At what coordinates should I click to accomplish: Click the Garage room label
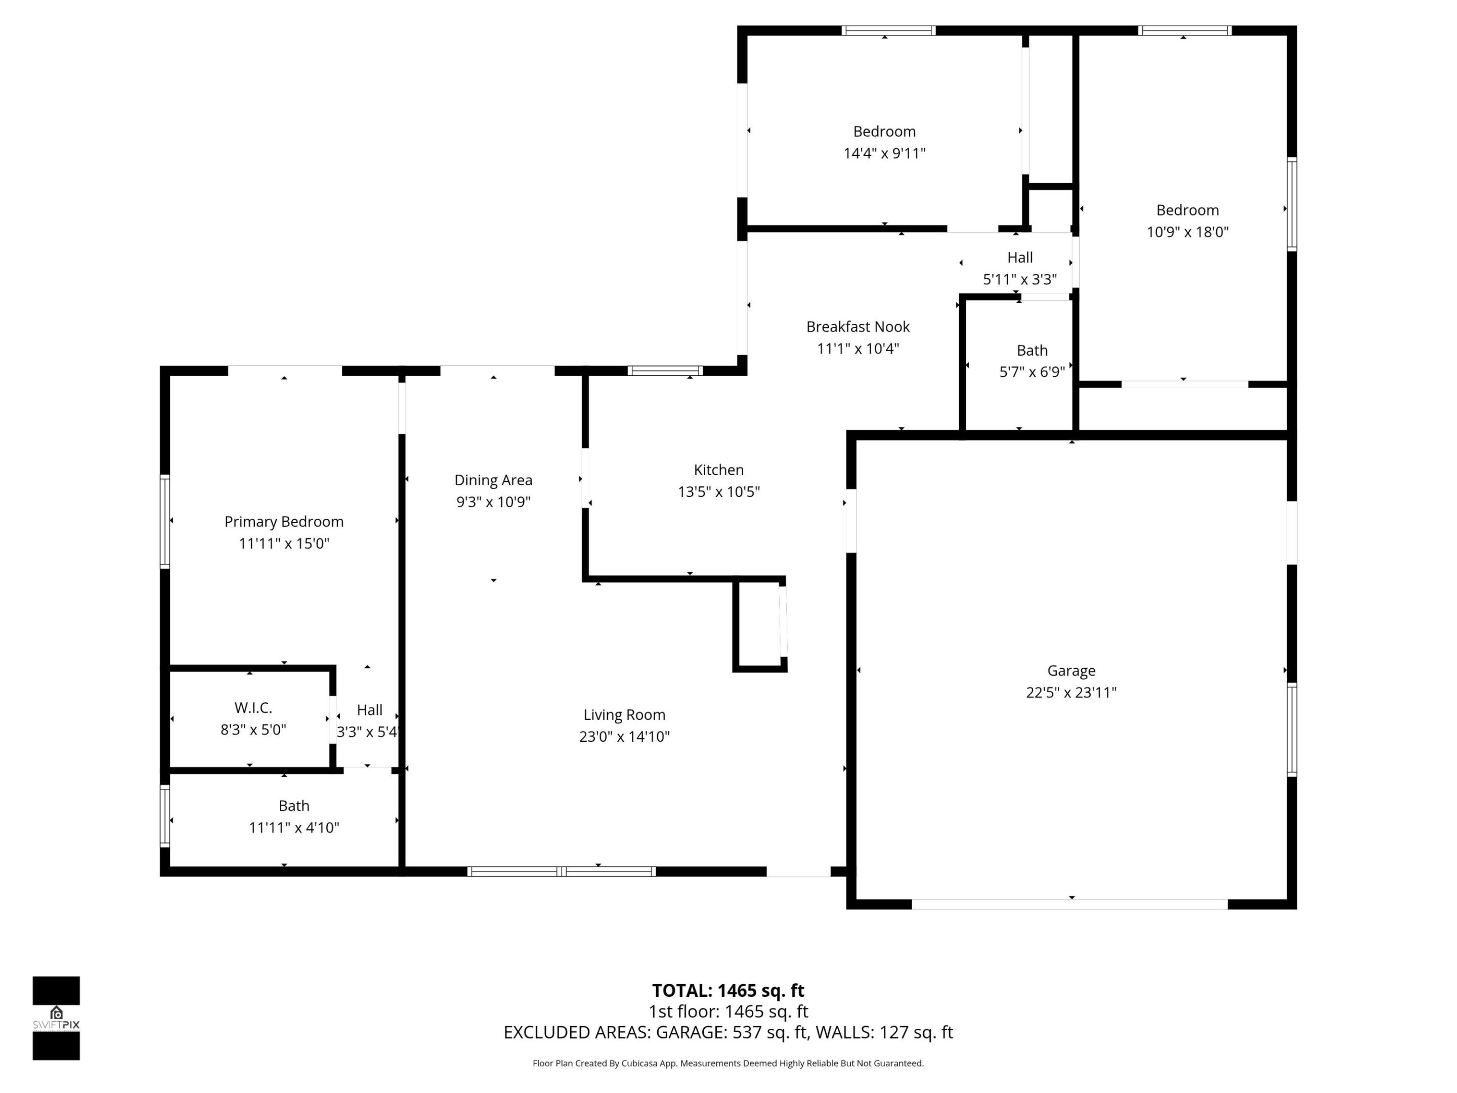click(x=1071, y=670)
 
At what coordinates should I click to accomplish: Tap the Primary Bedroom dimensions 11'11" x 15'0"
click(x=284, y=543)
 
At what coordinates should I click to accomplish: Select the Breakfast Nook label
click(x=858, y=327)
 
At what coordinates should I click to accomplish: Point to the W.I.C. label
click(x=253, y=707)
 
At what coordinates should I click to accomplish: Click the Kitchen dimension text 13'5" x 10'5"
click(x=718, y=491)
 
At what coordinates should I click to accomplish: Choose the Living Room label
click(x=624, y=715)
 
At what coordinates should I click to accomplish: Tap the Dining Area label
click(x=493, y=480)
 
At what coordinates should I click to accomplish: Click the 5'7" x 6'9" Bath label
click(x=1032, y=351)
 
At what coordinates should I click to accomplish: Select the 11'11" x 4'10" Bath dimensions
click(x=294, y=827)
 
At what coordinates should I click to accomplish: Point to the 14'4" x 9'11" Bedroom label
click(x=884, y=132)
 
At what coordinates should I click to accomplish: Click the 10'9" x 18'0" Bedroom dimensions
click(x=1187, y=232)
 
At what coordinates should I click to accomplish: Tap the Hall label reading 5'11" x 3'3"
click(x=1019, y=258)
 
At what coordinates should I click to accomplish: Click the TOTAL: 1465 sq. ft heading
click(x=728, y=990)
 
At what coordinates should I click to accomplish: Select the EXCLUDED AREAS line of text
click(x=728, y=1032)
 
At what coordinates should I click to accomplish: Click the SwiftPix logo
click(x=56, y=1018)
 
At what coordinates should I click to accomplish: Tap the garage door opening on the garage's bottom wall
click(x=1069, y=905)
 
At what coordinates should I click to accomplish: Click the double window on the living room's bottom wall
click(x=561, y=872)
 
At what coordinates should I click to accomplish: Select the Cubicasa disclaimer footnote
click(x=728, y=1063)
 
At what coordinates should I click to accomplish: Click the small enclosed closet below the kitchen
click(x=759, y=623)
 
